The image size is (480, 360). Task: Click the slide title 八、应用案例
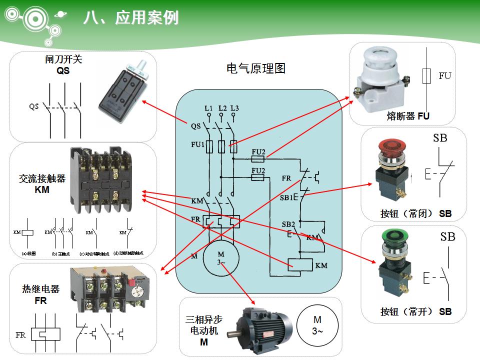pos(131,18)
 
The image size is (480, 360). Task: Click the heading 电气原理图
pos(256,68)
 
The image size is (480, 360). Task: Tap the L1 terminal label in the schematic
pos(208,108)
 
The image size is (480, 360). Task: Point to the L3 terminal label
pos(234,108)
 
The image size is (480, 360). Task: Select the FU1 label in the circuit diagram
pos(197,145)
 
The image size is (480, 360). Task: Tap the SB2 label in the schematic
pos(288,224)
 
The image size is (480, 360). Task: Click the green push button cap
pos(393,235)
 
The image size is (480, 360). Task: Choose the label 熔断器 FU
pos(408,116)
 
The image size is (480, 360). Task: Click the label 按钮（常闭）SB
pos(415,214)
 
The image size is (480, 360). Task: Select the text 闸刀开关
pos(63,59)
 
